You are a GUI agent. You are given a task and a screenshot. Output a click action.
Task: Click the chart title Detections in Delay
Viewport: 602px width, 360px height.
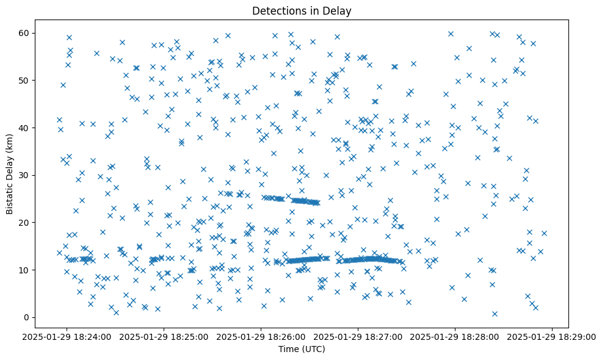(302, 11)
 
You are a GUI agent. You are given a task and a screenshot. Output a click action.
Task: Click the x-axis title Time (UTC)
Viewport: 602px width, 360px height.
(302, 350)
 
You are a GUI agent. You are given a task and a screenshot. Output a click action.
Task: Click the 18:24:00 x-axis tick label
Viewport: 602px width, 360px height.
(67, 336)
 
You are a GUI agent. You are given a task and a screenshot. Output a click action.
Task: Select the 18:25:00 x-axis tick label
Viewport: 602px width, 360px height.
(164, 336)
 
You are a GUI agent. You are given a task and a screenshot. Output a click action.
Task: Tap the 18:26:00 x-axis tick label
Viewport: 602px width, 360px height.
(261, 336)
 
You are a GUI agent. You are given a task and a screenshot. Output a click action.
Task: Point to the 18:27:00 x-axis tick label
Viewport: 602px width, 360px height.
(358, 336)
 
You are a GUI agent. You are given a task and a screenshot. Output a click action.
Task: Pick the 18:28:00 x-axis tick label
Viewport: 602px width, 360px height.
(455, 336)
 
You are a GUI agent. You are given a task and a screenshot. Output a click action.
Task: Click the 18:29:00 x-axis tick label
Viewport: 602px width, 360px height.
(553, 336)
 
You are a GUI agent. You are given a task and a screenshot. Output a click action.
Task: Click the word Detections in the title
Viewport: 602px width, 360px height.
(278, 11)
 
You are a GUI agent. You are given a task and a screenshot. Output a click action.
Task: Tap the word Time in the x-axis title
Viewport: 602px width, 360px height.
(288, 350)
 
